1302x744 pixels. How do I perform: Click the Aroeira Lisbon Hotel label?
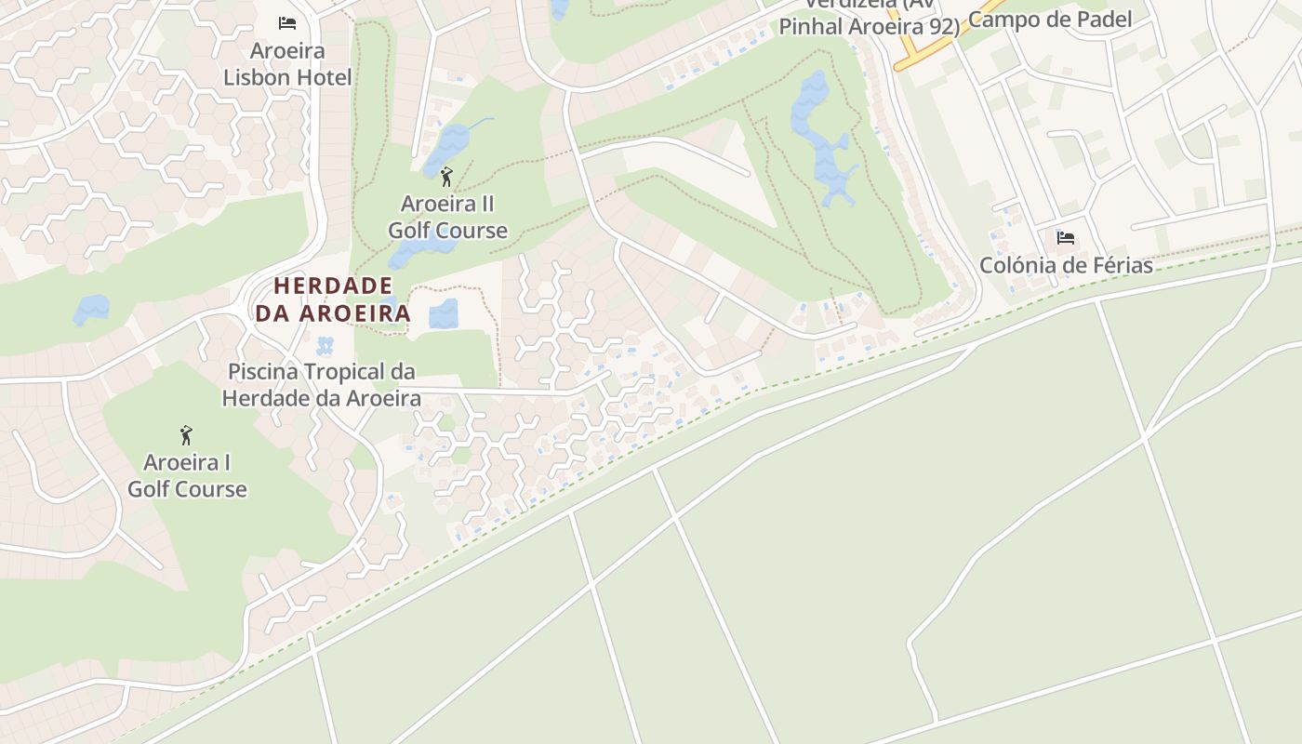[x=287, y=63]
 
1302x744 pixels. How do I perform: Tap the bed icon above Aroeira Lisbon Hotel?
[x=287, y=22]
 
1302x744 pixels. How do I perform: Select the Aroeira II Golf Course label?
[x=447, y=217]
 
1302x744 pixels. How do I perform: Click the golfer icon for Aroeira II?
[x=446, y=176]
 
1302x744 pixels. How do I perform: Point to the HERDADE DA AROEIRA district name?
[x=333, y=299]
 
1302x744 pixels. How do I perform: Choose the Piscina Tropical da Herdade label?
[x=321, y=385]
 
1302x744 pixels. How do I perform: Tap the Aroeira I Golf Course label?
[x=187, y=475]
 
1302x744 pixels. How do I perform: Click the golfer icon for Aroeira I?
[x=186, y=434]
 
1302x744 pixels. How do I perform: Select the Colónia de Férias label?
[x=1066, y=265]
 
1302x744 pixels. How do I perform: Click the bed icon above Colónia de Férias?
[x=1066, y=238]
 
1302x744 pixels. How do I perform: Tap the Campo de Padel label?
[x=1050, y=20]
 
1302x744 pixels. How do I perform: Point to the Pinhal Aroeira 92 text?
[x=869, y=26]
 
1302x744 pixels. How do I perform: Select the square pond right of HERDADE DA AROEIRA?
[x=444, y=313]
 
